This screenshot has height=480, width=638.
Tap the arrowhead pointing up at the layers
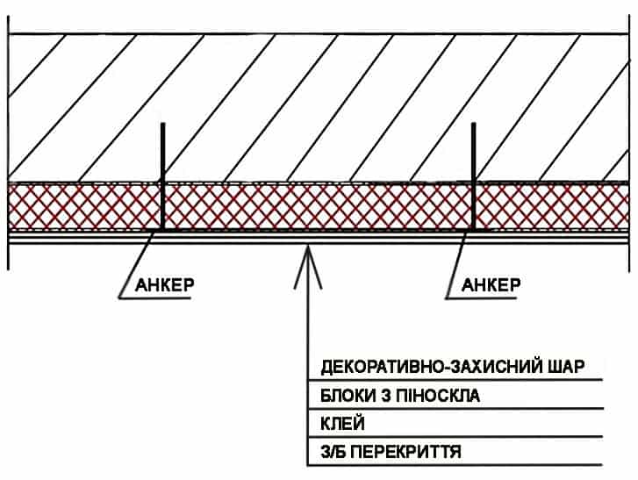[x=306, y=260]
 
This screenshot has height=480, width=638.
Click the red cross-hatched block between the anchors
[x=316, y=207]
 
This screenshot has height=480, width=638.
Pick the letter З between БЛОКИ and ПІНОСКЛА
[x=383, y=395]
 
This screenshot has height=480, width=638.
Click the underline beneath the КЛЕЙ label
[x=456, y=437]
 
